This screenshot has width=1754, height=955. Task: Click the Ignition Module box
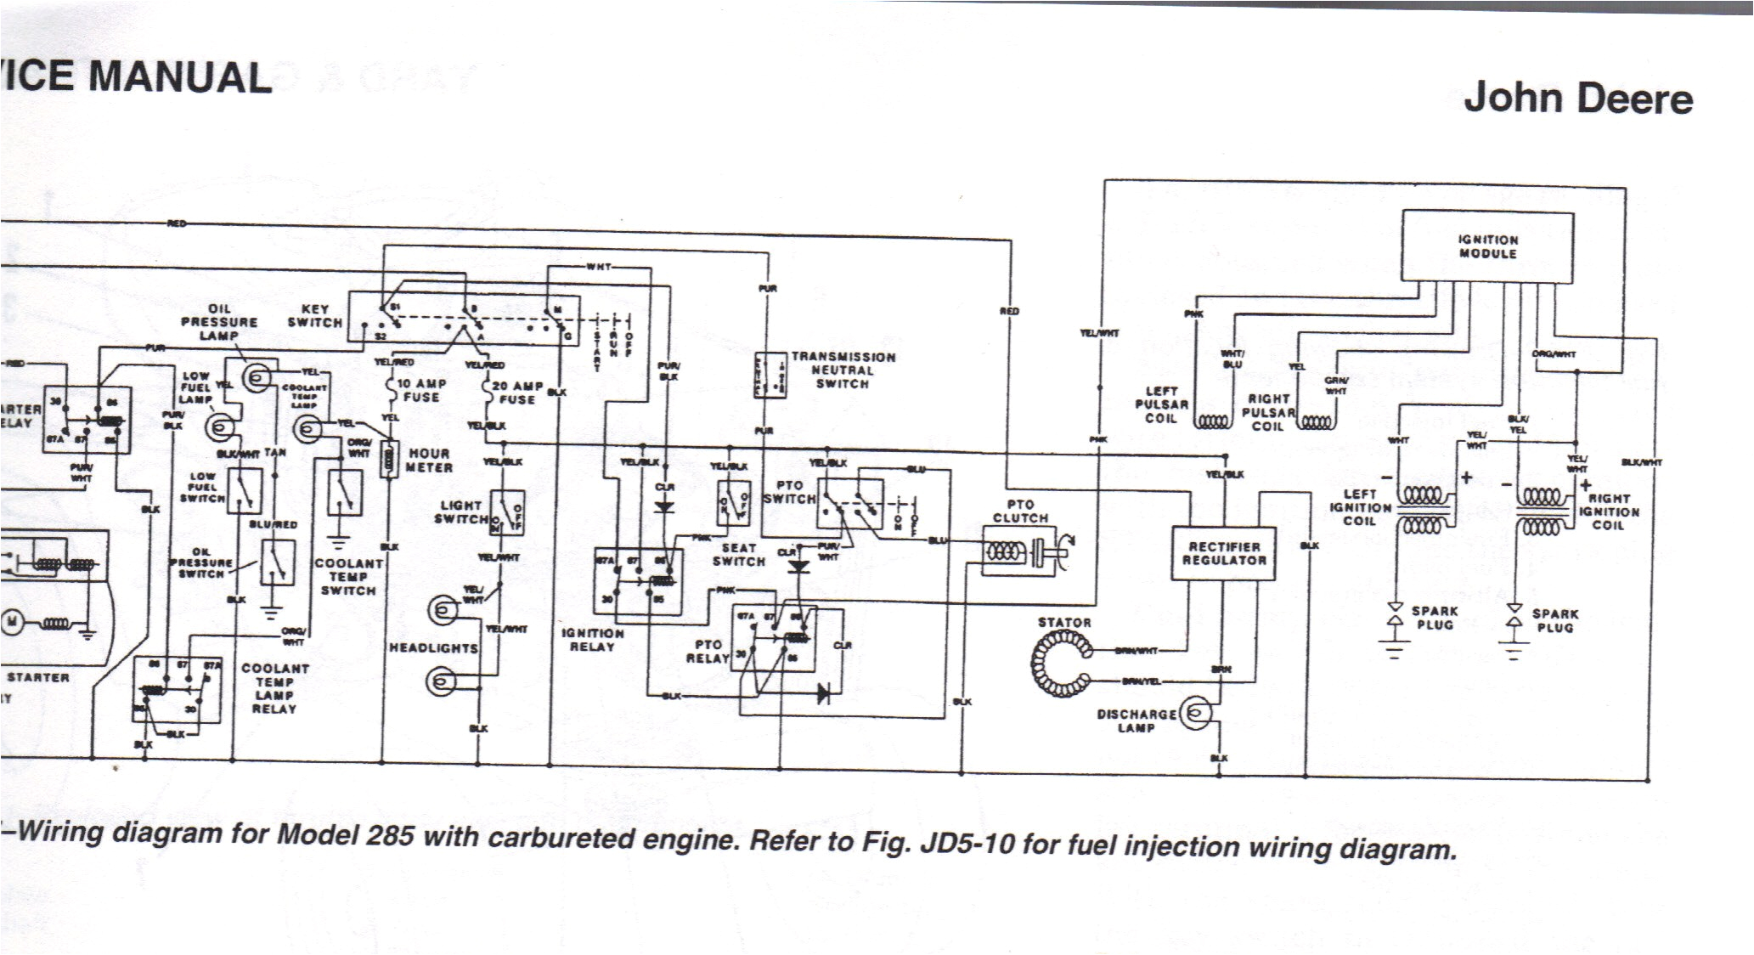1487,246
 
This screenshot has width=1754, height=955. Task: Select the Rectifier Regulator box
1223,553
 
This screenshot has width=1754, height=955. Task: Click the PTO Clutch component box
1020,551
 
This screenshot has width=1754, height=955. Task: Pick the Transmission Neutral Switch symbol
770,375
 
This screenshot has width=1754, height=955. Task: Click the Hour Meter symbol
389,460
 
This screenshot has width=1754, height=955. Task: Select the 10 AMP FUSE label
421,390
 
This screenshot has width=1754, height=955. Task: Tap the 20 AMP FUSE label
517,392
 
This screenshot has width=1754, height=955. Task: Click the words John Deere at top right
1577,99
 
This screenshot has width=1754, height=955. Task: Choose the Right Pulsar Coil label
1268,412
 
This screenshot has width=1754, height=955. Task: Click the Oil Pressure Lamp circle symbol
257,377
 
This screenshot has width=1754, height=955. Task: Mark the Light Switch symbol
507,512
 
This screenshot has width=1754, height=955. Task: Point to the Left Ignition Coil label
1360,506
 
